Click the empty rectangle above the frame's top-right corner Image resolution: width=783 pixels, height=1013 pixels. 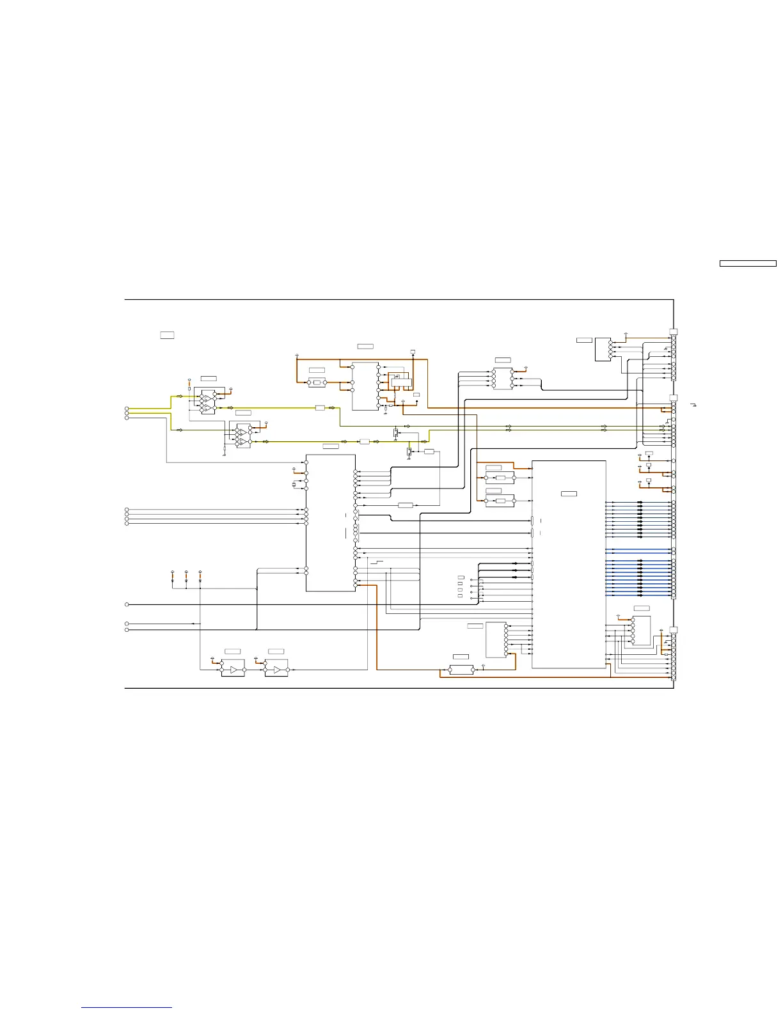pyautogui.click(x=748, y=263)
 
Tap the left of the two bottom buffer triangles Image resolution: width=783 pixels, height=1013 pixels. pyautogui.click(x=233, y=670)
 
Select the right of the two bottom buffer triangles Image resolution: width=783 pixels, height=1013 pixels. pyautogui.click(x=276, y=670)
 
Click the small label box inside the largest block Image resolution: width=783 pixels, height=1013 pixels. pyautogui.click(x=569, y=494)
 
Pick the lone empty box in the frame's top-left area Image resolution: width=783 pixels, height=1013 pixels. pyautogui.click(x=167, y=335)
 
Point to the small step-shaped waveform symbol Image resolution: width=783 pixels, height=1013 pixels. pyautogui.click(x=379, y=562)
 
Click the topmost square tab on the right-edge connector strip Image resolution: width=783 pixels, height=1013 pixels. pyautogui.click(x=673, y=331)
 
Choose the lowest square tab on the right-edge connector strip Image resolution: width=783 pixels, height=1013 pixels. pyautogui.click(x=673, y=630)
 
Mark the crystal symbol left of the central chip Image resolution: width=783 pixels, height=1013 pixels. pyautogui.click(x=294, y=485)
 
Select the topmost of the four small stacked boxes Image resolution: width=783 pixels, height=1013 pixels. pyautogui.click(x=461, y=578)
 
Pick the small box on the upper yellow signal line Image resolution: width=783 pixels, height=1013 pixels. pyautogui.click(x=320, y=407)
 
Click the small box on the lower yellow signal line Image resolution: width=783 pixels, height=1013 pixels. pyautogui.click(x=365, y=441)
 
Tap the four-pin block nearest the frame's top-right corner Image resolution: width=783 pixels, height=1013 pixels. pyautogui.click(x=603, y=349)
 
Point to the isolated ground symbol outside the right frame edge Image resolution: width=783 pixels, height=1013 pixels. pyautogui.click(x=693, y=405)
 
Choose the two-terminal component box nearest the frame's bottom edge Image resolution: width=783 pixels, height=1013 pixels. pyautogui.click(x=461, y=670)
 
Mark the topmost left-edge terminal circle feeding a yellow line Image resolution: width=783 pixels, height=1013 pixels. pyautogui.click(x=127, y=409)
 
